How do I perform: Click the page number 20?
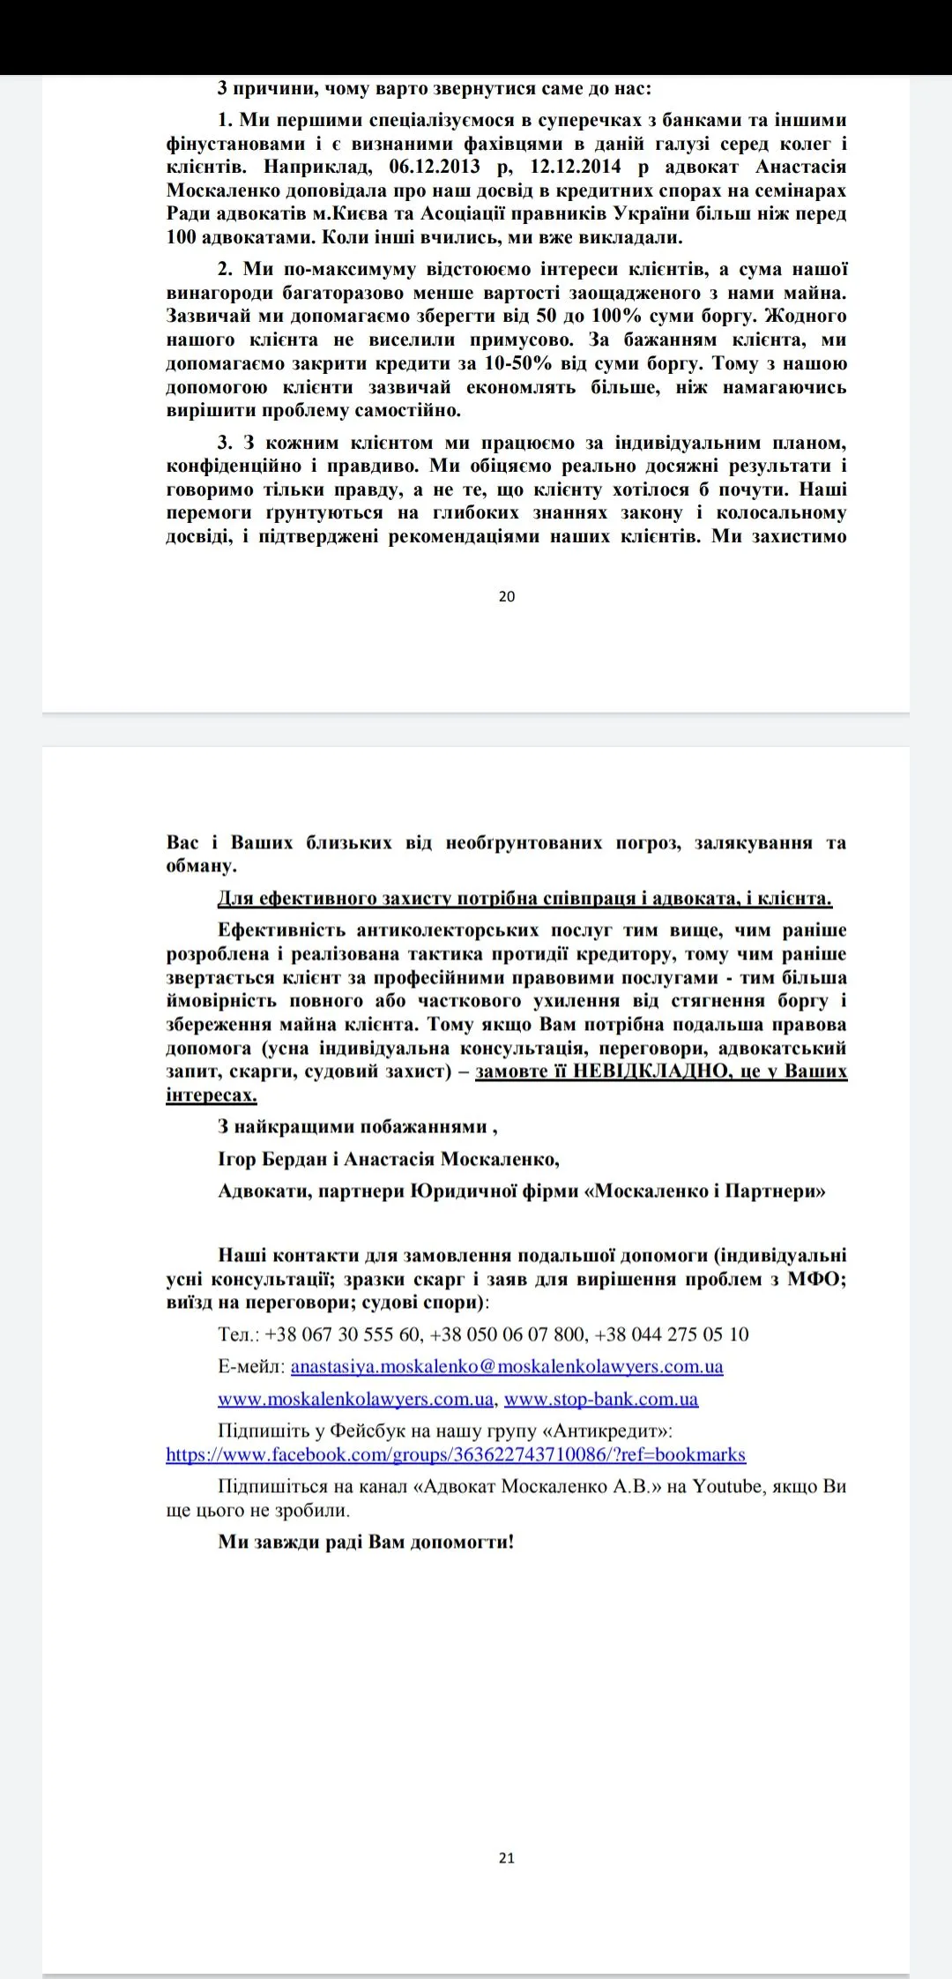[507, 596]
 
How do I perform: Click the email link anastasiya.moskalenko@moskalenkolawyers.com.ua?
[507, 1366]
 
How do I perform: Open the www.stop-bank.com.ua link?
[601, 1399]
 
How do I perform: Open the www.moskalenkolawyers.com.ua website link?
[356, 1399]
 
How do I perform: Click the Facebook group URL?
[456, 1454]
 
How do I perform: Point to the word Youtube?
[726, 1486]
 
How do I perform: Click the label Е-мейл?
[251, 1366]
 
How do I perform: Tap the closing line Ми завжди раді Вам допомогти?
[366, 1542]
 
